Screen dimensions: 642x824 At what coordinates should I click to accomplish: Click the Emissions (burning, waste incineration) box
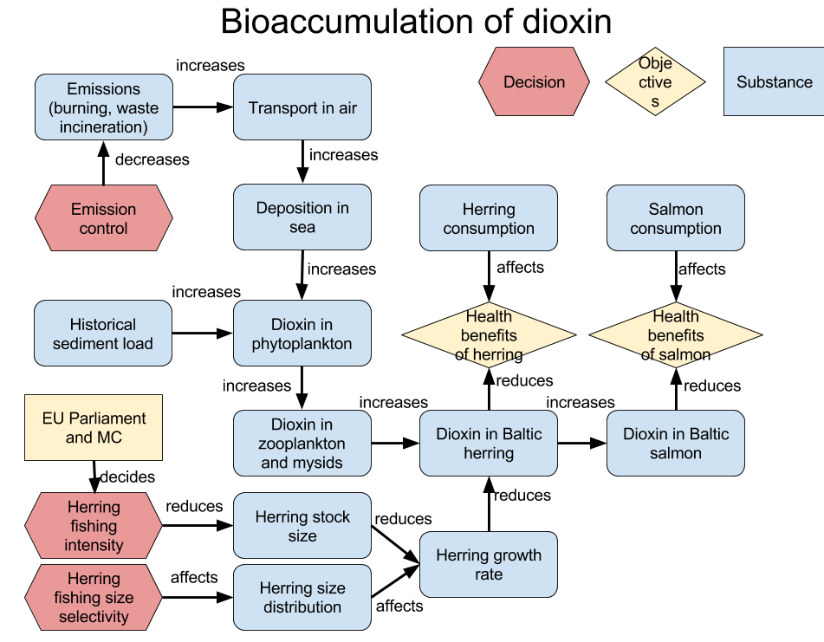(103, 107)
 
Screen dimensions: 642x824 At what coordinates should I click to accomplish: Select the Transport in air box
(302, 107)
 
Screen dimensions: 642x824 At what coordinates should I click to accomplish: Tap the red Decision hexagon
(534, 82)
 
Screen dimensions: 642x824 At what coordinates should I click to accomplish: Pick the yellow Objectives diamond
(655, 82)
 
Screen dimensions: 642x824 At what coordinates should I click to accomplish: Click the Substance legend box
(774, 82)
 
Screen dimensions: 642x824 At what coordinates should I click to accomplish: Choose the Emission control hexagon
(103, 218)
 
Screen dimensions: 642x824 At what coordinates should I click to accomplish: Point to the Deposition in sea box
(302, 217)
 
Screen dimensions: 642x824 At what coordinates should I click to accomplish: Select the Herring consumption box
(489, 218)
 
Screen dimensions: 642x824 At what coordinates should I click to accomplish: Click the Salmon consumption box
(675, 218)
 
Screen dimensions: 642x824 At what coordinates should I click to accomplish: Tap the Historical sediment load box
(103, 334)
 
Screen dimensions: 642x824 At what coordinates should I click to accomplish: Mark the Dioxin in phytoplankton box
(302, 334)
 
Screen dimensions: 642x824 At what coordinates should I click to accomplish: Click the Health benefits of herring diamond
(489, 334)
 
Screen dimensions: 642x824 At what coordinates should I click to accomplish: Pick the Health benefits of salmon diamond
(675, 334)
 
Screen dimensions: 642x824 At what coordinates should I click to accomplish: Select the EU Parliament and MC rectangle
(94, 428)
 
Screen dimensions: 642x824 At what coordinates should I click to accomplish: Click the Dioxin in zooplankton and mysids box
(302, 444)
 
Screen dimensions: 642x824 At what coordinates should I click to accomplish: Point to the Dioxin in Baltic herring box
(489, 444)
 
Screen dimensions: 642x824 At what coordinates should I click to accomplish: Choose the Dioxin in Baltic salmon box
(675, 444)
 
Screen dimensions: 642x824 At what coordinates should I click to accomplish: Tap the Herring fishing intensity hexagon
(94, 526)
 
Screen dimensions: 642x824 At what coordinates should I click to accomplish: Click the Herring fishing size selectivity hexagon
(94, 597)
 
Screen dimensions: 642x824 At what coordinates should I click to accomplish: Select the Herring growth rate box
(489, 564)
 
